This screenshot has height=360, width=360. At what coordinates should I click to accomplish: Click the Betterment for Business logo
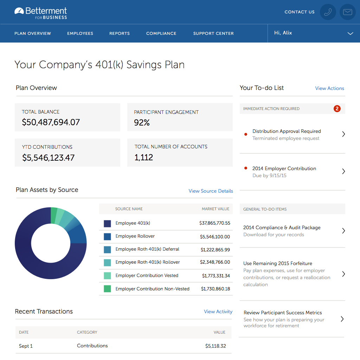coord(40,13)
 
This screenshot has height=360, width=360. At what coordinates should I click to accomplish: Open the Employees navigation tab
coord(80,33)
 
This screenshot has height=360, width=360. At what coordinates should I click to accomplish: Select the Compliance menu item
coord(161,33)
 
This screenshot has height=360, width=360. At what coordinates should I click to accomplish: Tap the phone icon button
coord(328,12)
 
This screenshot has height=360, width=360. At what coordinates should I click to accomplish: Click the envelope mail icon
coord(347,12)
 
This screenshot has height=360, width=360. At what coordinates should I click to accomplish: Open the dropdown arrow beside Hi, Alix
coord(350,33)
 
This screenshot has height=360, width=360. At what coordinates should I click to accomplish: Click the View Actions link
coord(329,88)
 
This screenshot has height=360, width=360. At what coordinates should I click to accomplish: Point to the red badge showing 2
coord(337,109)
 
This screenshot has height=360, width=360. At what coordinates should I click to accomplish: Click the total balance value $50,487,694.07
coord(51,122)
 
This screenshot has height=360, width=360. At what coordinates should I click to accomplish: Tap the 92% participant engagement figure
coord(142,122)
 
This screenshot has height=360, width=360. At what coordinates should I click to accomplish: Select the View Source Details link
coord(211,191)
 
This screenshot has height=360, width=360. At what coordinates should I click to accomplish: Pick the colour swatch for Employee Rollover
coord(107,237)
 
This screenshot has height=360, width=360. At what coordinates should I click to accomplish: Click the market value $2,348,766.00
coord(215,262)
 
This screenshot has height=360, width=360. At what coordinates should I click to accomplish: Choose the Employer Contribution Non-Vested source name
coord(152,289)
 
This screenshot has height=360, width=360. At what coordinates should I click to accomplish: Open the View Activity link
coord(218,311)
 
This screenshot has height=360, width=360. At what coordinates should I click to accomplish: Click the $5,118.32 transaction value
coord(216,346)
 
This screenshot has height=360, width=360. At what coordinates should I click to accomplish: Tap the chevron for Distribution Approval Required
coord(343,134)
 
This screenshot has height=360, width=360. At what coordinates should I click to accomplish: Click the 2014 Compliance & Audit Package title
coord(282,227)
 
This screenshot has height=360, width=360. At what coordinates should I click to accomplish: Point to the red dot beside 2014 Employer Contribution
coord(245,168)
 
